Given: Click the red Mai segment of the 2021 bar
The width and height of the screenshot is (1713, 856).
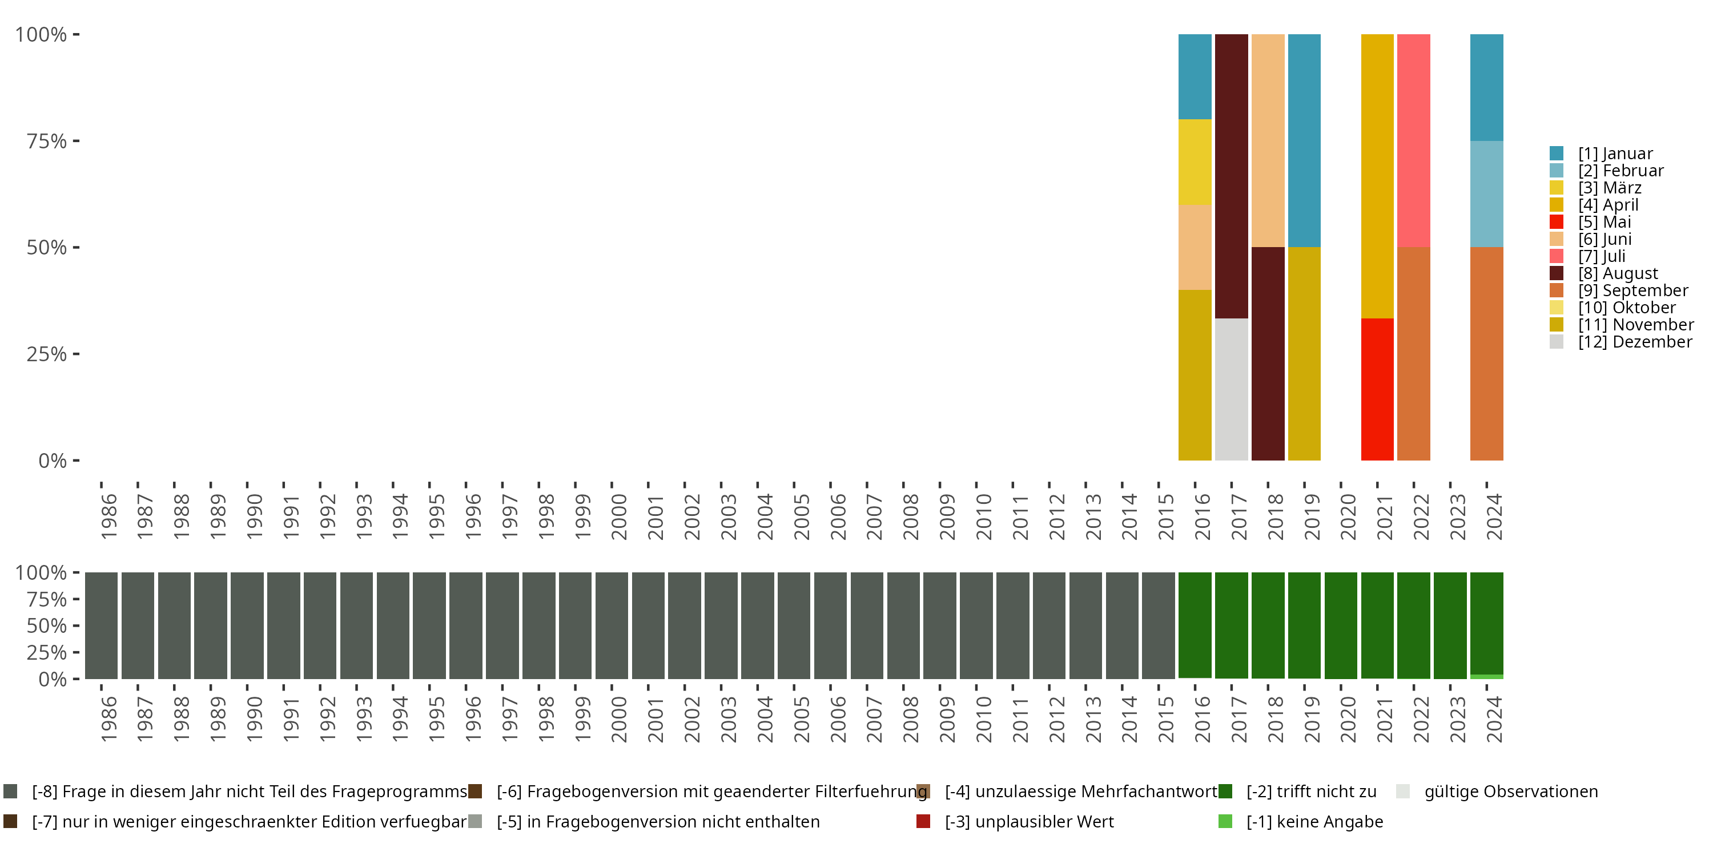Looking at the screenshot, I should tap(1377, 389).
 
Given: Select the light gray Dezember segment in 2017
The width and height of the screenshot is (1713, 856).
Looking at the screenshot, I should tap(1231, 389).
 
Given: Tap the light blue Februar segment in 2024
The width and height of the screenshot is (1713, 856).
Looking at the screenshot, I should tap(1486, 193).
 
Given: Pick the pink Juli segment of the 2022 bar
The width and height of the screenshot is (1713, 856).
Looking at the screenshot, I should tap(1413, 140).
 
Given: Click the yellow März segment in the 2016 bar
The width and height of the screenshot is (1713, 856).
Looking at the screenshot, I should tap(1195, 161).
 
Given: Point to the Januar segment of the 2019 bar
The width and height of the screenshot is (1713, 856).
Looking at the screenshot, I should tap(1304, 140).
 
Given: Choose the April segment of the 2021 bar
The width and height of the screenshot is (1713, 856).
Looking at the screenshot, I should tap(1377, 176).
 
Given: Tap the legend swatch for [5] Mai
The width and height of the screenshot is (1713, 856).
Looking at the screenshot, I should tap(1556, 222).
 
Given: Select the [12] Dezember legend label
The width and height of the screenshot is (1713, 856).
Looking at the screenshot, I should tap(1635, 342).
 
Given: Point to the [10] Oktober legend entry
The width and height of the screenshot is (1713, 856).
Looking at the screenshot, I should tap(1627, 308).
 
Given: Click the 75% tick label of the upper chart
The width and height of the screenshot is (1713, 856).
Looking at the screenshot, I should tap(46, 141).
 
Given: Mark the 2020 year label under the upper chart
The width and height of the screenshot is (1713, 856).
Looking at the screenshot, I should tap(1348, 516).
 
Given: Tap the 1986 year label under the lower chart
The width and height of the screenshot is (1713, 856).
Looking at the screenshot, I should tap(108, 719).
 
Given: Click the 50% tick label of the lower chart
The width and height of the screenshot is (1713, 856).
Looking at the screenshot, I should tap(46, 625).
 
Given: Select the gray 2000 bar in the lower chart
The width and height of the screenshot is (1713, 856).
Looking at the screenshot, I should tap(611, 625).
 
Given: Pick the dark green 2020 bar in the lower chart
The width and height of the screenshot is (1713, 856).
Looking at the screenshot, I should tap(1340, 625).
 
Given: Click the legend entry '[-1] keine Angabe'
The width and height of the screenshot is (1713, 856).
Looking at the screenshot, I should tap(1314, 821).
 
